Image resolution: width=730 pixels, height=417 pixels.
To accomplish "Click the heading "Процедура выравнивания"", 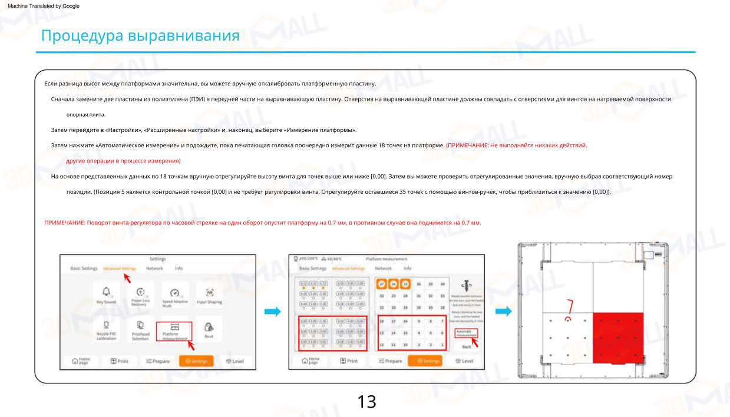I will coord(140,36).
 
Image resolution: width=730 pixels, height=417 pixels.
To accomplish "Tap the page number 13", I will coord(366,402).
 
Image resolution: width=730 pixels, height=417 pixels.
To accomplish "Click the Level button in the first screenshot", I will coord(234,360).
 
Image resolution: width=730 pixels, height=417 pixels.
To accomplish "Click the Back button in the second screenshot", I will coord(466,347).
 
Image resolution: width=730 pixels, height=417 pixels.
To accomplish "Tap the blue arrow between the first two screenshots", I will coord(272,312).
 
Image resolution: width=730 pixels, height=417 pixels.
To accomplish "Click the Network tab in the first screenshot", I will coord(154,269).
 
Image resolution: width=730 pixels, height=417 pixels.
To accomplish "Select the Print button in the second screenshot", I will coord(346,360).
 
